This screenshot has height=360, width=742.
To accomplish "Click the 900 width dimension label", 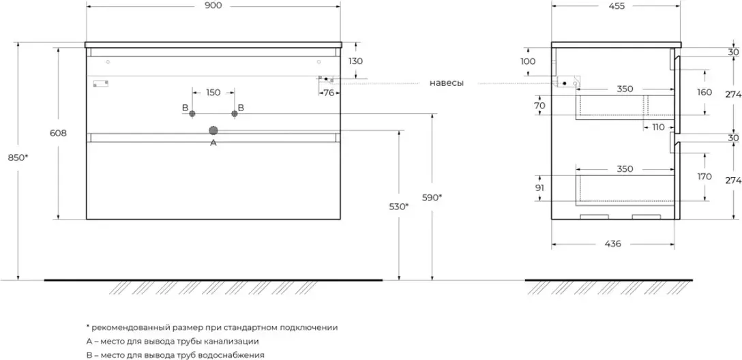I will coord(213,6).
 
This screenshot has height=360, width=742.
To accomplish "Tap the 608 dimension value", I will coord(58,134).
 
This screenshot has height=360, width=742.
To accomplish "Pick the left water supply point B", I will coord(193,112).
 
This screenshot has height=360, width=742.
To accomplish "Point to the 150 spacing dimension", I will coord(213,92).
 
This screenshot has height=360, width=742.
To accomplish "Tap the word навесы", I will coord(447,83).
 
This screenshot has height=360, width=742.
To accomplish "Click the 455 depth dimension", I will coord(616,6).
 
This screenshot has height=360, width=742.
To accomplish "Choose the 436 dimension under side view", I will coord(612,244).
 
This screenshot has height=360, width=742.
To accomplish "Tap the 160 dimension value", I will coord(704,92).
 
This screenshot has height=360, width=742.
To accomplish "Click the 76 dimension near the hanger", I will coord(328,92).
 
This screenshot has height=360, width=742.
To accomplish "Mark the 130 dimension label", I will coord(355,61).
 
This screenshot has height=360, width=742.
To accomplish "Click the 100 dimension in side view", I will coord(528,61).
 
